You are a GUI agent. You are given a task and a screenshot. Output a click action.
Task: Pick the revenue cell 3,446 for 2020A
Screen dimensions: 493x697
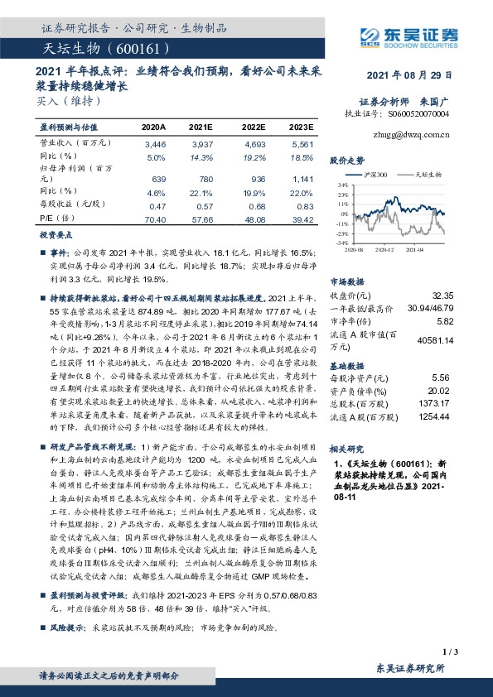coord(155,144)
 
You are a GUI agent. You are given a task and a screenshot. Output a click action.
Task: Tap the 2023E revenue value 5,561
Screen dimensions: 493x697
coord(302,144)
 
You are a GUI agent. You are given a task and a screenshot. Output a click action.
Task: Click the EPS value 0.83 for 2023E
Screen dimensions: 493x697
coord(304,207)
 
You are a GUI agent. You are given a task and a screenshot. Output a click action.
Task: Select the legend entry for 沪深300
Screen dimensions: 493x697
coord(375,175)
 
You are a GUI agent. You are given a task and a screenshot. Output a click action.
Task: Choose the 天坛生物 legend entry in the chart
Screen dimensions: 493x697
coord(425,175)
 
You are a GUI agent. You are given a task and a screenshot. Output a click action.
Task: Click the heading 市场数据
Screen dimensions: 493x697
coord(347,281)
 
